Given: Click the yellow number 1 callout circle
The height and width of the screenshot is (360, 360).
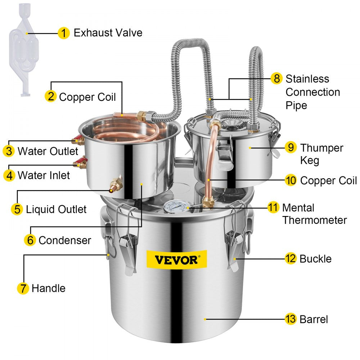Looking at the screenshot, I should tap(64, 33).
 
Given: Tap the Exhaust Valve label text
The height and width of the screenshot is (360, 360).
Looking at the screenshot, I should tap(108, 33).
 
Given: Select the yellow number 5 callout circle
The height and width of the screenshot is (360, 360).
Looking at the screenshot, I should tap(17, 209).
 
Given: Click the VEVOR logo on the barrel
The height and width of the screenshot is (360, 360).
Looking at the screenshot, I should tap(176, 259).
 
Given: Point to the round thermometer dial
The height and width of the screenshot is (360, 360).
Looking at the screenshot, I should tap(176, 207).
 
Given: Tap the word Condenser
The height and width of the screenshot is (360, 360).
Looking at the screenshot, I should tap(65, 240).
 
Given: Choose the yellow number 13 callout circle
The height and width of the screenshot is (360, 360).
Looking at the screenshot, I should tap(291, 319).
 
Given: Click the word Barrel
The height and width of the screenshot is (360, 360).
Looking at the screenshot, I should tap(314, 319).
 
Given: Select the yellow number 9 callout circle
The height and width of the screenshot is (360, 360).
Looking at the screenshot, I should tap(291, 148).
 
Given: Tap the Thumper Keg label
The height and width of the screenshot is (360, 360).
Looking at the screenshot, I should tap(321, 154).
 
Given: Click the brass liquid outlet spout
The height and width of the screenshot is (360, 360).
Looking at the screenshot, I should tap(116, 184).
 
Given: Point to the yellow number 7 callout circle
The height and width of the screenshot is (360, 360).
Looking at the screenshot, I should tap(23, 288).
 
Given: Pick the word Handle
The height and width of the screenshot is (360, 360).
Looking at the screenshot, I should tap(49, 288).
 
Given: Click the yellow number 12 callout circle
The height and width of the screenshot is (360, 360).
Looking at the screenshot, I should tap(291, 258).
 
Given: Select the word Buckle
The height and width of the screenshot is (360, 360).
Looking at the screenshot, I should tap(315, 258).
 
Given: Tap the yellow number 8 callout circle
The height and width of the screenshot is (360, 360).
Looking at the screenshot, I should tap(276, 78).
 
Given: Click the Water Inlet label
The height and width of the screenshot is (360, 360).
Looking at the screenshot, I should tap(44, 175).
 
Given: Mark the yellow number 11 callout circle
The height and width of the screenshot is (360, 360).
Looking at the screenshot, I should tap(273, 207).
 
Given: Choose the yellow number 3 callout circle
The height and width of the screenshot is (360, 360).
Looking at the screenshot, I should tap(9, 151).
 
